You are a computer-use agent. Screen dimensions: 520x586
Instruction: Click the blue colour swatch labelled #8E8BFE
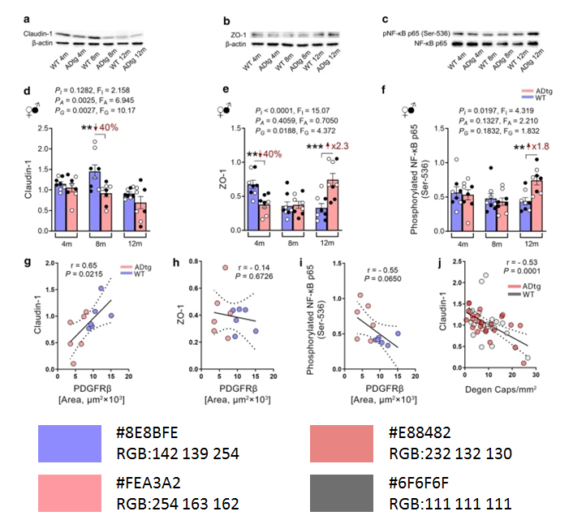pyautogui.click(x=67, y=441)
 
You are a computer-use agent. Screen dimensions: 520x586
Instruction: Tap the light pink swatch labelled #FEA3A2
pyautogui.click(x=67, y=492)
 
